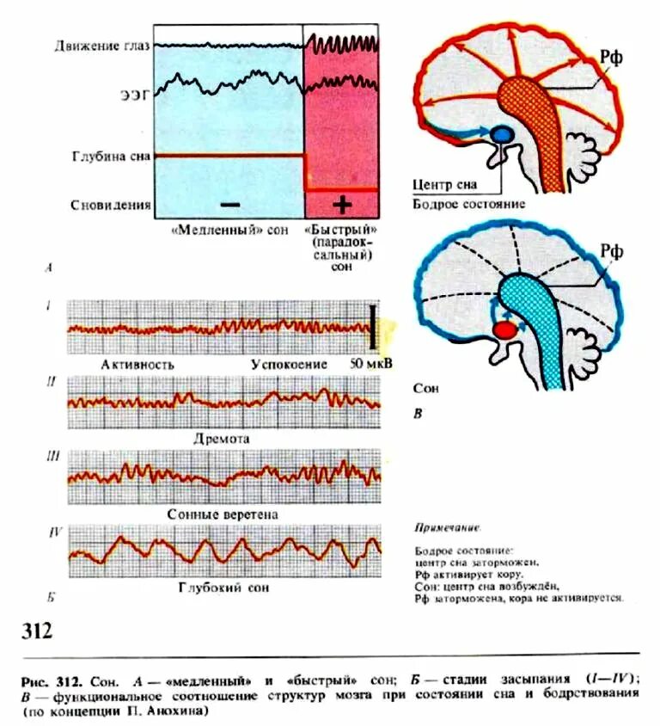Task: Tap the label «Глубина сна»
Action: click(112, 156)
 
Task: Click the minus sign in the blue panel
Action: click(229, 205)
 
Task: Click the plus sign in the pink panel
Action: click(342, 205)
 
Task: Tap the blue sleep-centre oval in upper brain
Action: click(502, 135)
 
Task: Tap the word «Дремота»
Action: click(221, 438)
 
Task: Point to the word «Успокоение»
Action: click(289, 364)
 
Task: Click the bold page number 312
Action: click(35, 631)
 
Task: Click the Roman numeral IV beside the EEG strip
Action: click(53, 533)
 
